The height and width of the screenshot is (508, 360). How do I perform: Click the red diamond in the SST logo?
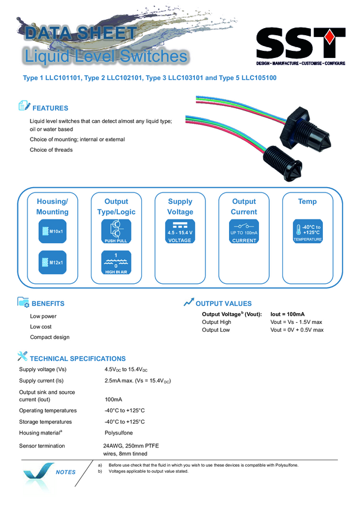point(330,37)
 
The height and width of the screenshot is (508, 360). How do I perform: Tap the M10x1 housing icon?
point(53,231)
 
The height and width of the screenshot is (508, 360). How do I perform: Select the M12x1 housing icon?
point(53,262)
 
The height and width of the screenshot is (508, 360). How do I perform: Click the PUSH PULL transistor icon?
point(116,231)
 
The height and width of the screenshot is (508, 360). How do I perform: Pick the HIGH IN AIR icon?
point(116,262)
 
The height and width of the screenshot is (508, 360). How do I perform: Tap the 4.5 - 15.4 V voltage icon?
point(180,231)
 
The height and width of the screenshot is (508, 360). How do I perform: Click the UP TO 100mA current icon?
point(243,231)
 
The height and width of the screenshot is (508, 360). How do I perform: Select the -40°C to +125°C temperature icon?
point(307,231)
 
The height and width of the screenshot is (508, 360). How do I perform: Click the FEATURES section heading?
point(50,108)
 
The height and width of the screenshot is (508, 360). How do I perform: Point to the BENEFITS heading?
point(48,304)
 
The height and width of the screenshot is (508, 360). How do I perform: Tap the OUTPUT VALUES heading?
point(224,304)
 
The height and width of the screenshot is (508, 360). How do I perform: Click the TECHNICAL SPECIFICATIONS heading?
point(78,359)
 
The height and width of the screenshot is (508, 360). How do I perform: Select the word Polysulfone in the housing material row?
point(118,433)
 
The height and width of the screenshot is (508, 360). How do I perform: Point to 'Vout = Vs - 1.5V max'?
point(296,322)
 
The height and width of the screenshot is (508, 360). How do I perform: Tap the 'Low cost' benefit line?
point(41,326)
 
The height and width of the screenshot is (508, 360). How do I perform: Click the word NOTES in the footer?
point(65,472)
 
